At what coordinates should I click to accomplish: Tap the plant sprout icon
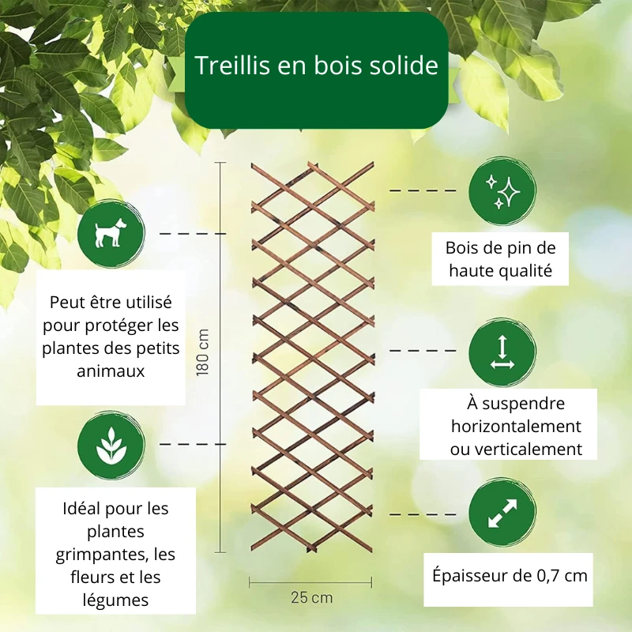click(111, 446)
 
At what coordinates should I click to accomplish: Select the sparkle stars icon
click(502, 192)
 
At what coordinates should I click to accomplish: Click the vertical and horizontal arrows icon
click(502, 352)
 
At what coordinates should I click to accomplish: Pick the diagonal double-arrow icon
click(502, 513)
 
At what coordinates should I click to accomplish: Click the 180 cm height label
click(203, 352)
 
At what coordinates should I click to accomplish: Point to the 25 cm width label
click(312, 597)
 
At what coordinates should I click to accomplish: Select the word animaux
click(111, 371)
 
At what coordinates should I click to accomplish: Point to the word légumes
click(115, 600)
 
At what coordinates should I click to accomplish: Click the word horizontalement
click(517, 426)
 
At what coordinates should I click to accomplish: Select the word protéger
click(115, 326)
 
